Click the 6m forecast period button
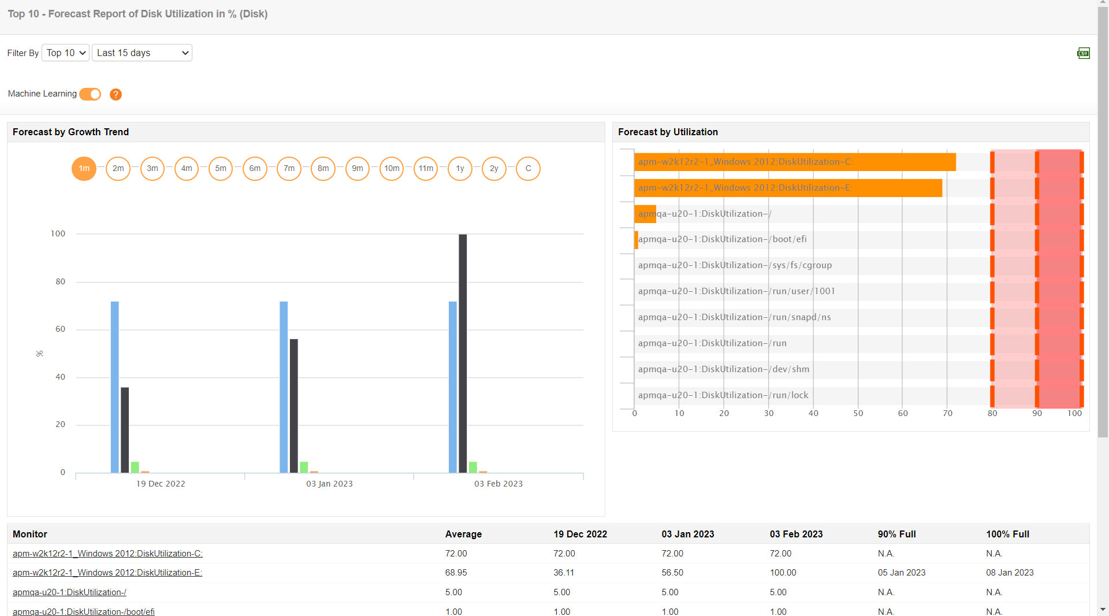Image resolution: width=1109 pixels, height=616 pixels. point(255,169)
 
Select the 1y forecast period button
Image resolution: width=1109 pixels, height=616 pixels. point(460,169)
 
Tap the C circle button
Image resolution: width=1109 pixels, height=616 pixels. point(528,169)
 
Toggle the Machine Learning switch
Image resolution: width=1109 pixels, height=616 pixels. point(90,94)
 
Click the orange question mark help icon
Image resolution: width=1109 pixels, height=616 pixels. point(116,94)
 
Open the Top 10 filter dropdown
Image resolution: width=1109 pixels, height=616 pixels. point(65,53)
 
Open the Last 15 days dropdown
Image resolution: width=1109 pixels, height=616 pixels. point(142,53)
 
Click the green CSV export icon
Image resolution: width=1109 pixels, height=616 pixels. point(1083,53)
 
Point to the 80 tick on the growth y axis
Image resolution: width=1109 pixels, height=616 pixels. point(60,282)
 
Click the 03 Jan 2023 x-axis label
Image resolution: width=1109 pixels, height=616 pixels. point(329,484)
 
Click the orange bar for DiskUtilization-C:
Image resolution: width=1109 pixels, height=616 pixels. point(794,162)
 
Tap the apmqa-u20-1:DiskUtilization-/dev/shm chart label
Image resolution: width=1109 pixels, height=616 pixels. point(723,369)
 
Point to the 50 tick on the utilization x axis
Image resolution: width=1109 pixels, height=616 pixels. point(858,413)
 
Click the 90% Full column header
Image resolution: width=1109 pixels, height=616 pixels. point(896,534)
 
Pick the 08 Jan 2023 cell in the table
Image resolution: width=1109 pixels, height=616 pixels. point(1010,573)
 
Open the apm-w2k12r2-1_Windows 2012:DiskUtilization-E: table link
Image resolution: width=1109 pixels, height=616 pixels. point(107,573)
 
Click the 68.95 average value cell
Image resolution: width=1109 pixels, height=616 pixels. point(456,573)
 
